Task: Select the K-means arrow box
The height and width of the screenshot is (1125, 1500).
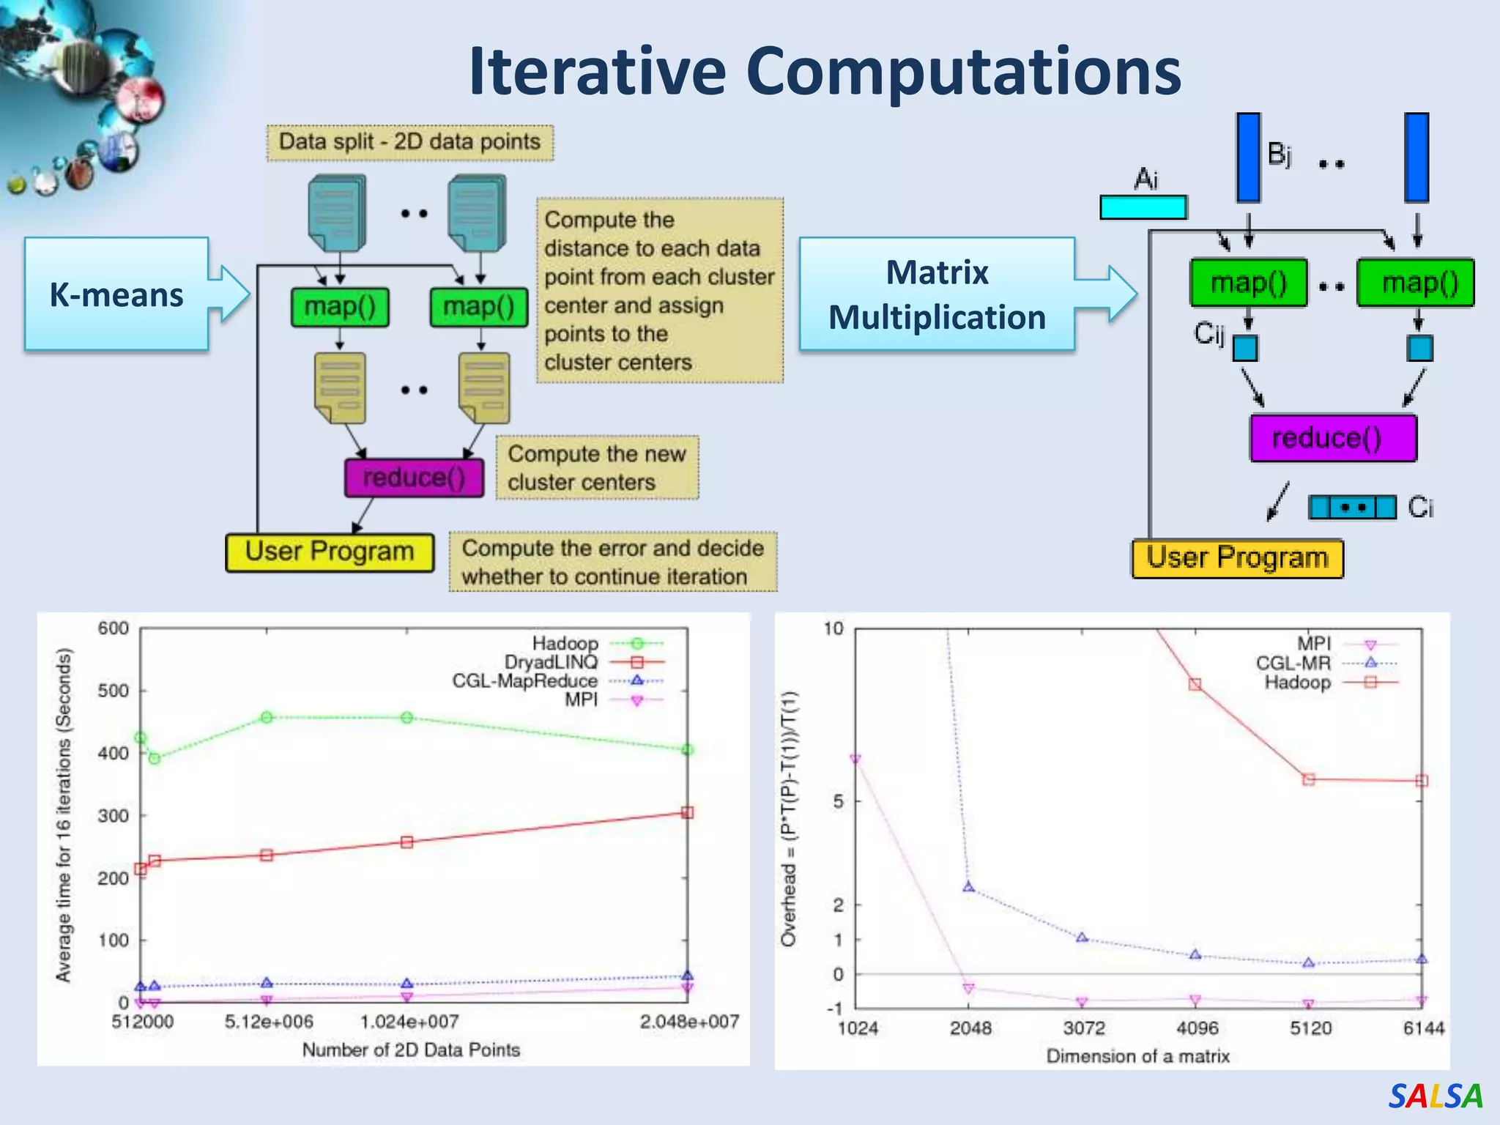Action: click(117, 294)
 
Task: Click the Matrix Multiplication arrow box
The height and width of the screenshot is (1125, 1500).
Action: click(937, 294)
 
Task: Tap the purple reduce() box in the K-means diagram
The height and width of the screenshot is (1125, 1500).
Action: click(415, 478)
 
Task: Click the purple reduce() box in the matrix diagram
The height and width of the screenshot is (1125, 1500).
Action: click(1333, 438)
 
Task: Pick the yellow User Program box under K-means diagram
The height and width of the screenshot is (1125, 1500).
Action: click(330, 552)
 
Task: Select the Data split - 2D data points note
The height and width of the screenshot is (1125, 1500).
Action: click(410, 142)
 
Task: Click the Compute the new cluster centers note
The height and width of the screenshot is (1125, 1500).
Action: click(597, 468)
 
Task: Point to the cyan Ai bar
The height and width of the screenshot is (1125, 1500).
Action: click(1143, 207)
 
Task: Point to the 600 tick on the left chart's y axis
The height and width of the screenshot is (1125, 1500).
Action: click(114, 628)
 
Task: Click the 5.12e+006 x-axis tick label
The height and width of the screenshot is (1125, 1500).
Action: click(268, 1022)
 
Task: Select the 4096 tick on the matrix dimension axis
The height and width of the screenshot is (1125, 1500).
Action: click(1197, 1028)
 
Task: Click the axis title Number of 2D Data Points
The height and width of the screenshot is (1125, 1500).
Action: click(411, 1050)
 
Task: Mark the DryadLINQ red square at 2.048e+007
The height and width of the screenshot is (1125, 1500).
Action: click(687, 812)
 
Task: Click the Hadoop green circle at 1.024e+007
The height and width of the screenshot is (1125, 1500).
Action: click(407, 718)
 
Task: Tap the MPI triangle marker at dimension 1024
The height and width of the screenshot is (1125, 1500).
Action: click(855, 760)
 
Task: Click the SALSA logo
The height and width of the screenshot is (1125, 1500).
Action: click(1435, 1096)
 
